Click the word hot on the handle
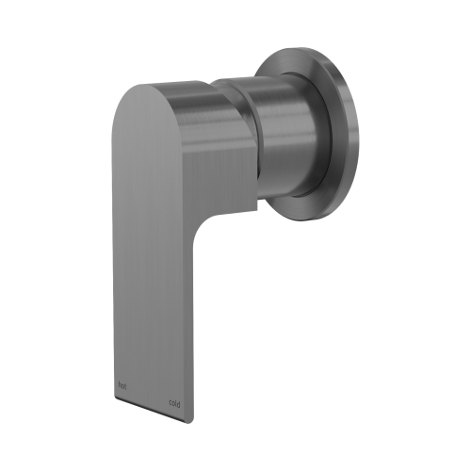[x=120, y=384]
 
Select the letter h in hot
[x=117, y=384]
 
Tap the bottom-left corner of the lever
[x=113, y=391]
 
